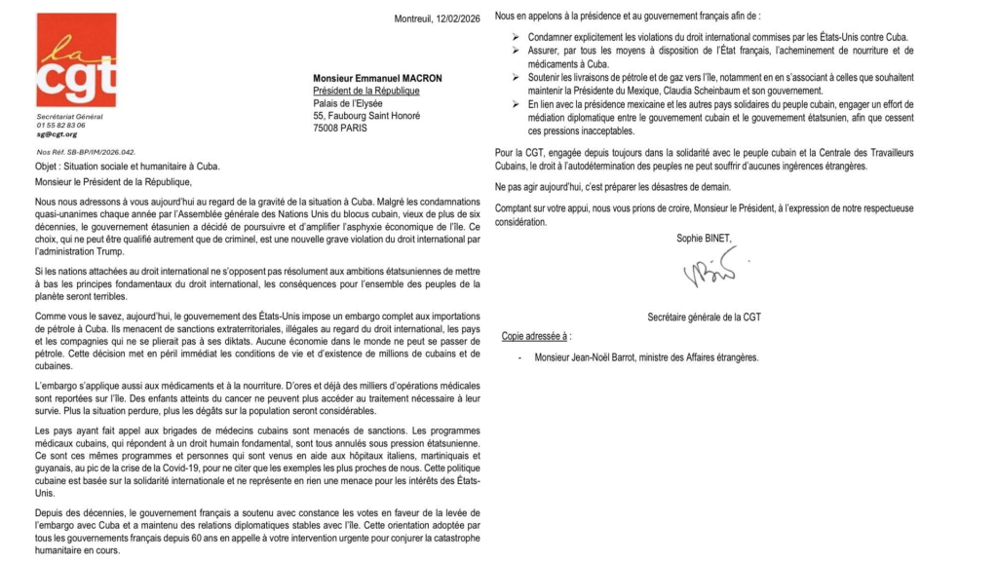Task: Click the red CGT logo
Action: pos(76,60)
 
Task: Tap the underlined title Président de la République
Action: pos(365,91)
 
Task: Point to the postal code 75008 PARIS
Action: pos(340,128)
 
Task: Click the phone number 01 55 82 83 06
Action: pos(60,125)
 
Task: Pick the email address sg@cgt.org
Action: pos(58,133)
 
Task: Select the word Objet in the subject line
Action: pos(47,168)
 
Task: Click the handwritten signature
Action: pos(710,267)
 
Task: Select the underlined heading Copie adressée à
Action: pos(535,336)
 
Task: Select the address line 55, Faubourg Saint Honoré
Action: pos(353,115)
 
